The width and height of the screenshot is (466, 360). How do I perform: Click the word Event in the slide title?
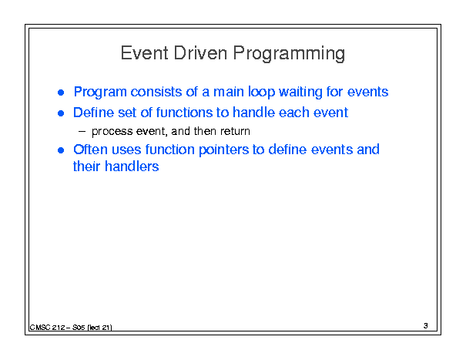click(145, 53)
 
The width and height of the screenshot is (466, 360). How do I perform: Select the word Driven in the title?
click(200, 53)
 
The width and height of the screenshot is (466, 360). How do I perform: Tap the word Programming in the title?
click(289, 54)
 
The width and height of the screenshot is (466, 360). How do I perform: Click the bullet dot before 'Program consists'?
click(61, 93)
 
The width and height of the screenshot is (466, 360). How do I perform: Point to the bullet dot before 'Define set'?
click(61, 113)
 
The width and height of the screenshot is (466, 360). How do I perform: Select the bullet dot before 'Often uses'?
click(61, 150)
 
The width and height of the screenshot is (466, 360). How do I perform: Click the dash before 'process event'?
click(82, 132)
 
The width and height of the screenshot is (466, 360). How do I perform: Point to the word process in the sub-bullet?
click(112, 132)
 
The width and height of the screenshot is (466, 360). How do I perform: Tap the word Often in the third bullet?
click(90, 150)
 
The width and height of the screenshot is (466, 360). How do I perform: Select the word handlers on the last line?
click(132, 167)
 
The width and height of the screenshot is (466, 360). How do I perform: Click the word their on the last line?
click(87, 167)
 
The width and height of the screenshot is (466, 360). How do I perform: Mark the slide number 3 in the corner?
click(426, 326)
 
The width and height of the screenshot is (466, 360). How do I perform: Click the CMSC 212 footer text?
click(71, 328)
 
